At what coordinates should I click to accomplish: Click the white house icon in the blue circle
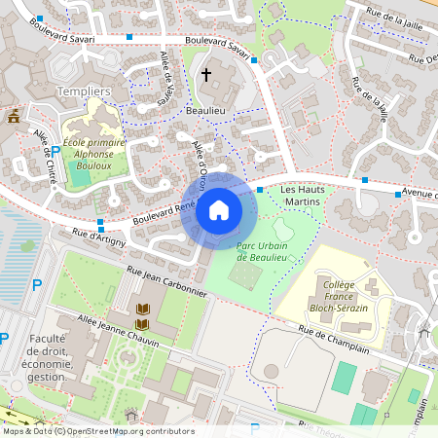coord(219,210)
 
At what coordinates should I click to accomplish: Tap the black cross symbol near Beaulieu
coord(205,74)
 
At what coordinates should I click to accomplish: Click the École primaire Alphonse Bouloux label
coord(94,154)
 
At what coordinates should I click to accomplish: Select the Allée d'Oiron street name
coord(200,161)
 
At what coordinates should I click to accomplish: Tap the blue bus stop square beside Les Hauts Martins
coord(260,190)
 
